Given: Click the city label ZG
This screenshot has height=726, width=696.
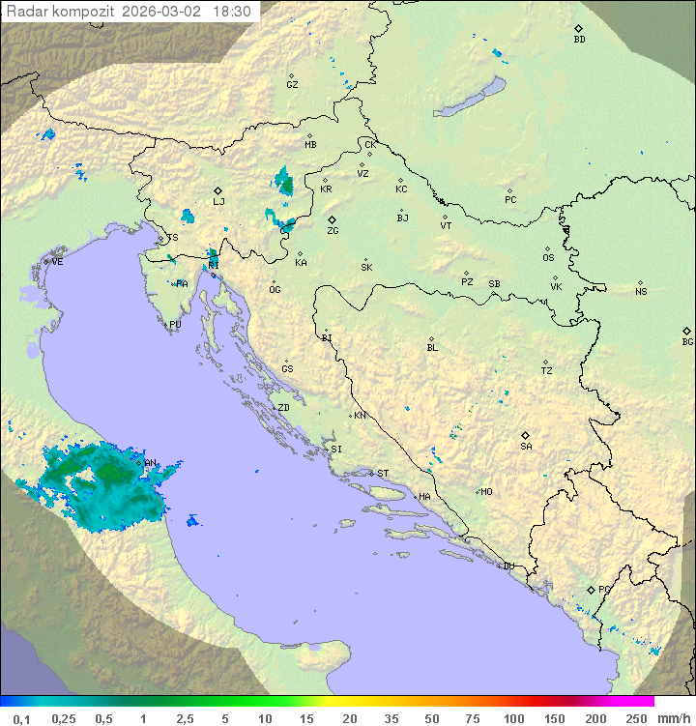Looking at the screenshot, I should (x=333, y=231).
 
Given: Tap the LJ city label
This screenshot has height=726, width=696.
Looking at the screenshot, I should (x=218, y=202).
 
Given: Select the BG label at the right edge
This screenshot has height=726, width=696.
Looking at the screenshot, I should (x=687, y=341).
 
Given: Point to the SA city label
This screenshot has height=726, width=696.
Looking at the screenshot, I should (x=526, y=446).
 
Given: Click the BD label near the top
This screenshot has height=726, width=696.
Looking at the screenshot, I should (x=579, y=40).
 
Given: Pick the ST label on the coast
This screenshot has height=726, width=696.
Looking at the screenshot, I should (x=383, y=473).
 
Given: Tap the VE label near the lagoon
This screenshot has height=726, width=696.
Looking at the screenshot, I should (x=57, y=261).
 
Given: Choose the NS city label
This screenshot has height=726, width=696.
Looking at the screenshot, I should (x=641, y=291).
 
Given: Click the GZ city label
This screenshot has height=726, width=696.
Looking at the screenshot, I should (x=292, y=84).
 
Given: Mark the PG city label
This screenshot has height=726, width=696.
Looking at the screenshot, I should (x=604, y=589).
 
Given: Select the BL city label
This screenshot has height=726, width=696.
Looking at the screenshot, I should (x=432, y=347).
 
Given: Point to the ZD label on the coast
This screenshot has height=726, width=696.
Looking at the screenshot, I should (x=283, y=408).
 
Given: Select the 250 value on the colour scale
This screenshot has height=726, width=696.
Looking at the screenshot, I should (x=636, y=718).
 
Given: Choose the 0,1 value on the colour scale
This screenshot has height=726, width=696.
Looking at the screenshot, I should (x=21, y=718).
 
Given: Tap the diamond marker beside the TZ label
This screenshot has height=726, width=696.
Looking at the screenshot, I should (x=546, y=362).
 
